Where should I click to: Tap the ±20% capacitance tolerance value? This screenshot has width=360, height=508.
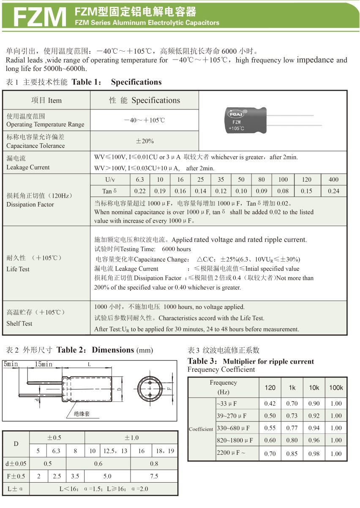[x=145, y=141]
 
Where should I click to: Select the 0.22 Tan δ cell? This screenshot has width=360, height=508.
[x=140, y=191]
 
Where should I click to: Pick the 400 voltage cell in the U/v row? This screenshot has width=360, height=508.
[x=333, y=180]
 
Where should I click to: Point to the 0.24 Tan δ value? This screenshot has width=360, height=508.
[x=333, y=191]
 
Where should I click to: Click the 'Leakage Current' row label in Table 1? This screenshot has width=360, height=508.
[x=28, y=163]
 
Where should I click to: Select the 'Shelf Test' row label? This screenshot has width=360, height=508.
[x=19, y=323]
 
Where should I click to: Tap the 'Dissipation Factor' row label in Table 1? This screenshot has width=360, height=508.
[x=30, y=204]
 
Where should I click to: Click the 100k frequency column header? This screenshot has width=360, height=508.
[x=336, y=388]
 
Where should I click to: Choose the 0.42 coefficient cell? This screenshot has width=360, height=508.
[x=270, y=404]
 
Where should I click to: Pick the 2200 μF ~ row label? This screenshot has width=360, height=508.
[x=231, y=453]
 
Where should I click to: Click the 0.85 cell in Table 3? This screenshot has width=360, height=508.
[x=292, y=453]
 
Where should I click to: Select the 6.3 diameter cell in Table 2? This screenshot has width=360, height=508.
[x=56, y=451]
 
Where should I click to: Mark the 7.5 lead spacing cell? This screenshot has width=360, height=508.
[x=154, y=476]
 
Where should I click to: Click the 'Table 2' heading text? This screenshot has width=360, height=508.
[x=73, y=350]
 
